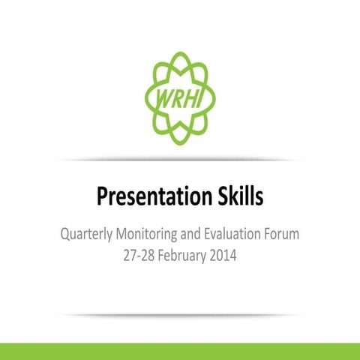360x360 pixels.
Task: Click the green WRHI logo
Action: point(179,98)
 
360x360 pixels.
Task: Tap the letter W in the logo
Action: point(162,100)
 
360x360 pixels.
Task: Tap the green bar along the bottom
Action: point(180,351)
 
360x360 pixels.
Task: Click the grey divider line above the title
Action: point(180,160)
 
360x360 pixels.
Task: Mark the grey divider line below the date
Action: point(180,315)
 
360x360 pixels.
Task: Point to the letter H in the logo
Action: point(188,99)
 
